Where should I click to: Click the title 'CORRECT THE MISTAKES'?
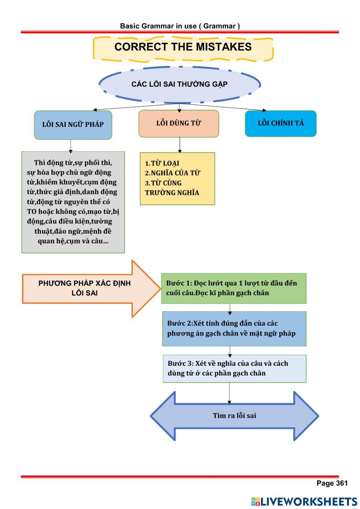(x=183, y=47)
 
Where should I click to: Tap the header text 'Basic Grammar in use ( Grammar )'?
(x=180, y=26)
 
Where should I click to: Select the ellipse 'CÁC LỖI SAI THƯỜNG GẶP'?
(x=179, y=84)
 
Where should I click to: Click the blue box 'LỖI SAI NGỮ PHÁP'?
(x=73, y=125)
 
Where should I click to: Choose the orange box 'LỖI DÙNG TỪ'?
(x=179, y=123)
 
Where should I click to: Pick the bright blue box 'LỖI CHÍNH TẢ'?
(x=281, y=123)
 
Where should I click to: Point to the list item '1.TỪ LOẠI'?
(x=162, y=163)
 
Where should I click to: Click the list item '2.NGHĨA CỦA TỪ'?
(x=172, y=173)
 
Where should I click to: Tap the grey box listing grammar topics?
(x=73, y=202)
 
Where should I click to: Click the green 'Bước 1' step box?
(x=234, y=288)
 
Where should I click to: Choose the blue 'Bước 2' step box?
(x=234, y=329)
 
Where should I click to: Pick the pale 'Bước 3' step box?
(x=234, y=369)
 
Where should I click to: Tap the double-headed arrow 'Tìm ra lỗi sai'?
(x=234, y=416)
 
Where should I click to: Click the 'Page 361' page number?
(x=332, y=483)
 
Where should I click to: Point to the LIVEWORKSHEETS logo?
(x=304, y=501)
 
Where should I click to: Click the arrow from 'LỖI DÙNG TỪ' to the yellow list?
(x=179, y=145)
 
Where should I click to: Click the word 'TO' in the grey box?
(x=32, y=212)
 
